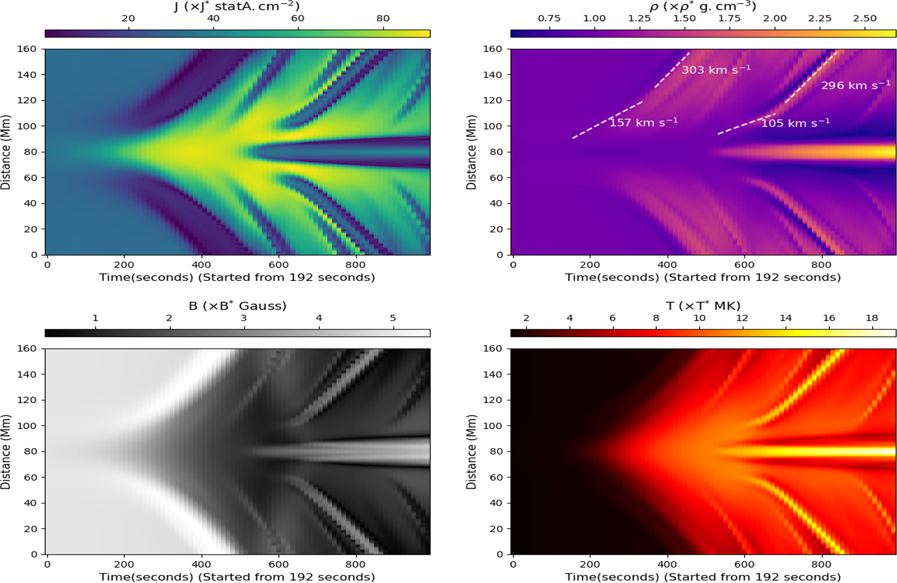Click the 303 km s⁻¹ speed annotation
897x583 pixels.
pos(716,69)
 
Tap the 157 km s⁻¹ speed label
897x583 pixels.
pos(644,123)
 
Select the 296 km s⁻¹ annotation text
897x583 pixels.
pos(855,85)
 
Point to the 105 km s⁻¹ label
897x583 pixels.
pos(796,123)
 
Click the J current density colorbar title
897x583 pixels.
pos(237,6)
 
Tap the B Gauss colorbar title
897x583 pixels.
pos(237,306)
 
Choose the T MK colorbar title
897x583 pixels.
pos(703,306)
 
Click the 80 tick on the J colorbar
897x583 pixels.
pos(383,18)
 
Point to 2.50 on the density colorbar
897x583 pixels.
pos(864,18)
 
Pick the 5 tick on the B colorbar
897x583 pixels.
pos(393,318)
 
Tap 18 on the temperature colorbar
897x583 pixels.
pos(872,318)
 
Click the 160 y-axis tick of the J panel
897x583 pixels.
pos(27,49)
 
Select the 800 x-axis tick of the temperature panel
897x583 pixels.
pos(821,564)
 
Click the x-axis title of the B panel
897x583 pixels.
pos(237,577)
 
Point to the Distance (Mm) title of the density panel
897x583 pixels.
pos(471,152)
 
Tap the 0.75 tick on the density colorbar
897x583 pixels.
pos(549,18)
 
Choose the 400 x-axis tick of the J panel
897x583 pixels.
pos(201,265)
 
